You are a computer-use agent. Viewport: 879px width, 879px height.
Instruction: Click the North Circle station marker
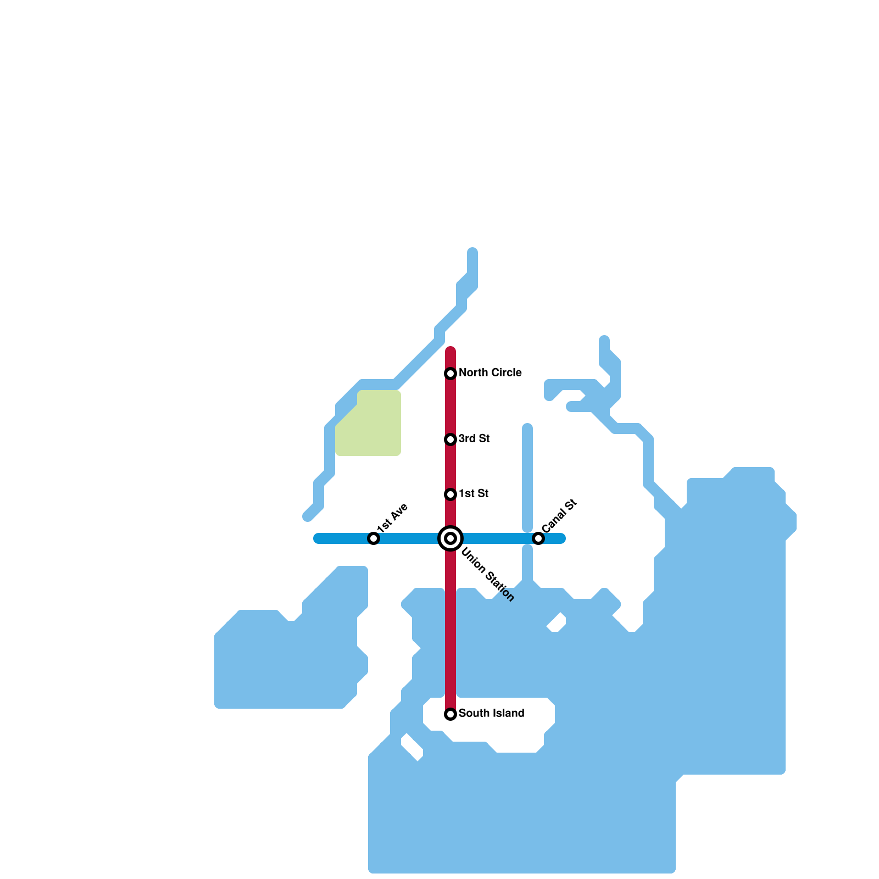pos(450,374)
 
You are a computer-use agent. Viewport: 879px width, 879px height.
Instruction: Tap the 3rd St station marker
pos(450,439)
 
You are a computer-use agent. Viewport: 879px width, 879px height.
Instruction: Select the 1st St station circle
pos(450,494)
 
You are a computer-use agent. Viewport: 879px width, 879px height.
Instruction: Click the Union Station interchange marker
pos(450,538)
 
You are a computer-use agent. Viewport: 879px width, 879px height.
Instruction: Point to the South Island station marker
pos(450,714)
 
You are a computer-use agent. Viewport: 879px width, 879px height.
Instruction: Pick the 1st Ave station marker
pos(374,538)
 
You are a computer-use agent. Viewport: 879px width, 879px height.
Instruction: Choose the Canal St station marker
pos(538,538)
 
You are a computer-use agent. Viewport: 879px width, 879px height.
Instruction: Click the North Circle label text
pos(490,373)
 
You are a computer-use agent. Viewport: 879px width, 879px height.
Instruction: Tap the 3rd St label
pos(474,439)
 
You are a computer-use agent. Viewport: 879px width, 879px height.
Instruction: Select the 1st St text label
pos(474,494)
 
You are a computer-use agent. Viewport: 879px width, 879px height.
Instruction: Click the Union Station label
pos(487,575)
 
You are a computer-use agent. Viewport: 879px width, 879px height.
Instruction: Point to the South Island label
pos(491,714)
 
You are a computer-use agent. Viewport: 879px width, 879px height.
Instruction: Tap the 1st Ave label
pos(392,517)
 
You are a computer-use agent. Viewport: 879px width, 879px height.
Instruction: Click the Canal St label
pos(559,515)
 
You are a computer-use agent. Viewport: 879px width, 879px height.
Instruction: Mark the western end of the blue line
pos(318,538)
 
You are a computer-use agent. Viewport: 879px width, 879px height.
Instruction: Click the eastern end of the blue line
pos(561,538)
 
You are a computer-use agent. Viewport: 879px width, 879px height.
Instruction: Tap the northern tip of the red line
pos(450,350)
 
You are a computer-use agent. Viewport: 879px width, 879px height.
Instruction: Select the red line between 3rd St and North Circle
pos(450,407)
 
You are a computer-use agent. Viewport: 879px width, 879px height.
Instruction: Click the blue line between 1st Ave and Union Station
pos(409,538)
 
